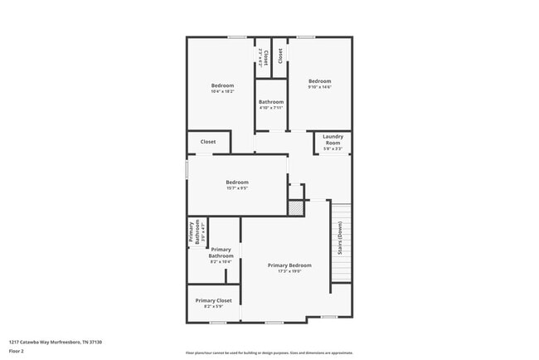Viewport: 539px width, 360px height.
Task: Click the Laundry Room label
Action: coord(333,139)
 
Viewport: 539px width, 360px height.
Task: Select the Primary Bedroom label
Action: coord(289,265)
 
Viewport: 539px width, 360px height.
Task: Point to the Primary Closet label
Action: coord(213,300)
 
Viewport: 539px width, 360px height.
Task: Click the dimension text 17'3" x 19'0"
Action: coord(289,271)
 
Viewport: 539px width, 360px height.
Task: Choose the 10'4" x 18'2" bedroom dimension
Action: coord(222,91)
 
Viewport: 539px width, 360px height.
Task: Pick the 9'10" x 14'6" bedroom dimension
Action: coord(319,87)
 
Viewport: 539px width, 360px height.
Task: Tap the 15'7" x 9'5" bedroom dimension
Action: coord(237,188)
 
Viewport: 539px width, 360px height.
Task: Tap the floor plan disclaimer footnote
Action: coord(269,353)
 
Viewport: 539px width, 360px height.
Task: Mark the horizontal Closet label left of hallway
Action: coord(208,142)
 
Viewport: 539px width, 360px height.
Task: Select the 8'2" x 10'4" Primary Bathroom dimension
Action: coord(221,262)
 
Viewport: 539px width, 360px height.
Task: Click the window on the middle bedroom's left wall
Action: coord(187,169)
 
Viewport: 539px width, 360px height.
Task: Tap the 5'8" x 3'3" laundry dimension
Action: coord(333,148)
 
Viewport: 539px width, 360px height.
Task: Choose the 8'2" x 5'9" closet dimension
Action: coord(213,307)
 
